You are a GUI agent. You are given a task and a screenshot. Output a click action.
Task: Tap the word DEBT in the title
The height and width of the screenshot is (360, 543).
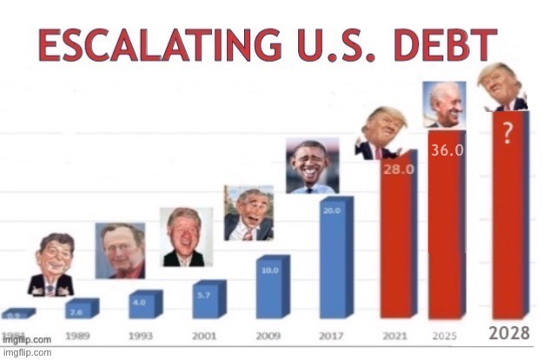coord(445,45)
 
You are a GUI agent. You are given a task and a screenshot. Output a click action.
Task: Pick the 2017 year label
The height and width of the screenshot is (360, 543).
coord(334,334)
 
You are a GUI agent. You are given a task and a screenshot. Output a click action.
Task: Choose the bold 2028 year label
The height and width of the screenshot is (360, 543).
coord(509,333)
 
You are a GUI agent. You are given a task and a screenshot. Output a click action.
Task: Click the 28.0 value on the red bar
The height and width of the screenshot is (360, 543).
coord(398,170)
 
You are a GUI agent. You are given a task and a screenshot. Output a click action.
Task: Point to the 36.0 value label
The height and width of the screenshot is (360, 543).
coord(447,150)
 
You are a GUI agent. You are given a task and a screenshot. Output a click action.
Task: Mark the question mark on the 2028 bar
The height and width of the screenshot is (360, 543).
coord(506,130)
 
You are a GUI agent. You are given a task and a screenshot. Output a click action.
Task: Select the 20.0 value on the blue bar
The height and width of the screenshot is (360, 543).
coord(332,210)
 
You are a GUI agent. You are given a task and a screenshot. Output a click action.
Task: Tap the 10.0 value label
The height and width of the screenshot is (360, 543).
coord(268,270)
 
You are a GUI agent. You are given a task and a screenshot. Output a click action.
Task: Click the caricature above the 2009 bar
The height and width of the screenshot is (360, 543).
coord(248,213)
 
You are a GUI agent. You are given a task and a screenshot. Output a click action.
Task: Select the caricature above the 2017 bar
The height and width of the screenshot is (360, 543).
coord(312,165)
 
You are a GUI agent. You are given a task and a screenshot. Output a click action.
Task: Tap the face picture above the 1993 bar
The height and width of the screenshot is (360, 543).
coord(185,237)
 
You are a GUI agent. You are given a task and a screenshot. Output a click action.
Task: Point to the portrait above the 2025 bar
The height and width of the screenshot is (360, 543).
coord(444,104)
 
